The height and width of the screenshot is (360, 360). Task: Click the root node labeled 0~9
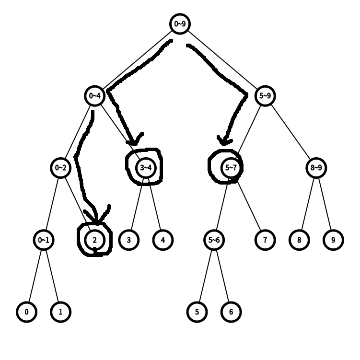(180, 23)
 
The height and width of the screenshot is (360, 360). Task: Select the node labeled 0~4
(94, 96)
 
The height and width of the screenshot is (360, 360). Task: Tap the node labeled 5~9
(265, 96)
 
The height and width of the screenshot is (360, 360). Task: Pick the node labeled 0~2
(60, 168)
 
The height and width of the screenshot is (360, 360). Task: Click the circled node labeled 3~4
(146, 168)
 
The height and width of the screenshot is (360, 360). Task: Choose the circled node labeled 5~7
(231, 168)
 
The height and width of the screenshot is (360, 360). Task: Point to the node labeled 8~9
(316, 168)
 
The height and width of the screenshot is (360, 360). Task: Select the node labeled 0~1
(43, 240)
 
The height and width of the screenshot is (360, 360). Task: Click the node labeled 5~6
(214, 240)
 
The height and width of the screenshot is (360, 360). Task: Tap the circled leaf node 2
(94, 240)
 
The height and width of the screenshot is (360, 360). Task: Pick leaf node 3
(128, 240)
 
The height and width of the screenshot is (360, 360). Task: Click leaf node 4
(163, 240)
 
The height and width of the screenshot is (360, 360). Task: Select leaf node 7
(265, 240)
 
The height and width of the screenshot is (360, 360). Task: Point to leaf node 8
(299, 240)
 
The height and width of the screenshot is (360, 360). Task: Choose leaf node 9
(333, 240)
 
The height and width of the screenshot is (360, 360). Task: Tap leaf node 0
(26, 312)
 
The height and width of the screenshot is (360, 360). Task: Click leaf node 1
(60, 312)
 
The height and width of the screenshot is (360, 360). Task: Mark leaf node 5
(197, 312)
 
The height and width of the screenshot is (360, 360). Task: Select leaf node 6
(231, 312)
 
